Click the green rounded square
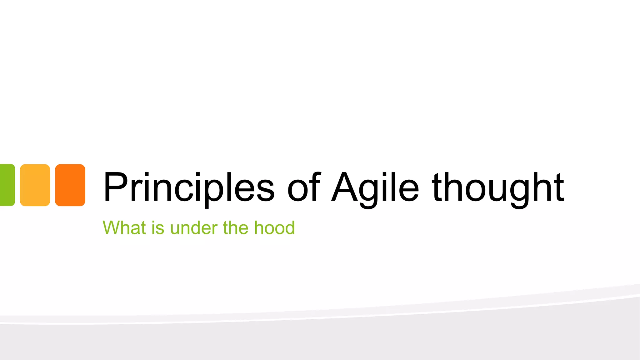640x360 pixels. pyautogui.click(x=7, y=185)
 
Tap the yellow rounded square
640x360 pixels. pyautogui.click(x=35, y=185)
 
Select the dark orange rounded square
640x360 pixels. pyautogui.click(x=70, y=185)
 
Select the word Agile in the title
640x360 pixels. pyautogui.click(x=375, y=187)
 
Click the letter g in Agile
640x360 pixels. pyautogui.click(x=369, y=191)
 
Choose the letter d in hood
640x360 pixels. pyautogui.click(x=289, y=227)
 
